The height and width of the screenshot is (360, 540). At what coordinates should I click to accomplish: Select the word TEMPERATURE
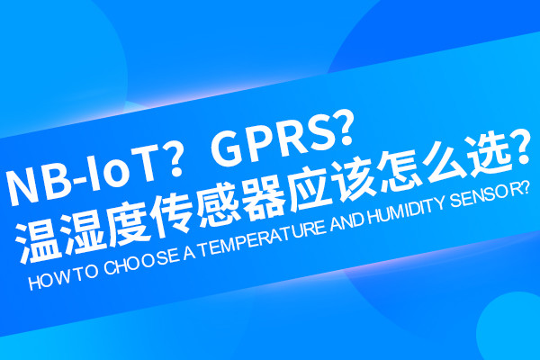(x=263, y=238)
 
